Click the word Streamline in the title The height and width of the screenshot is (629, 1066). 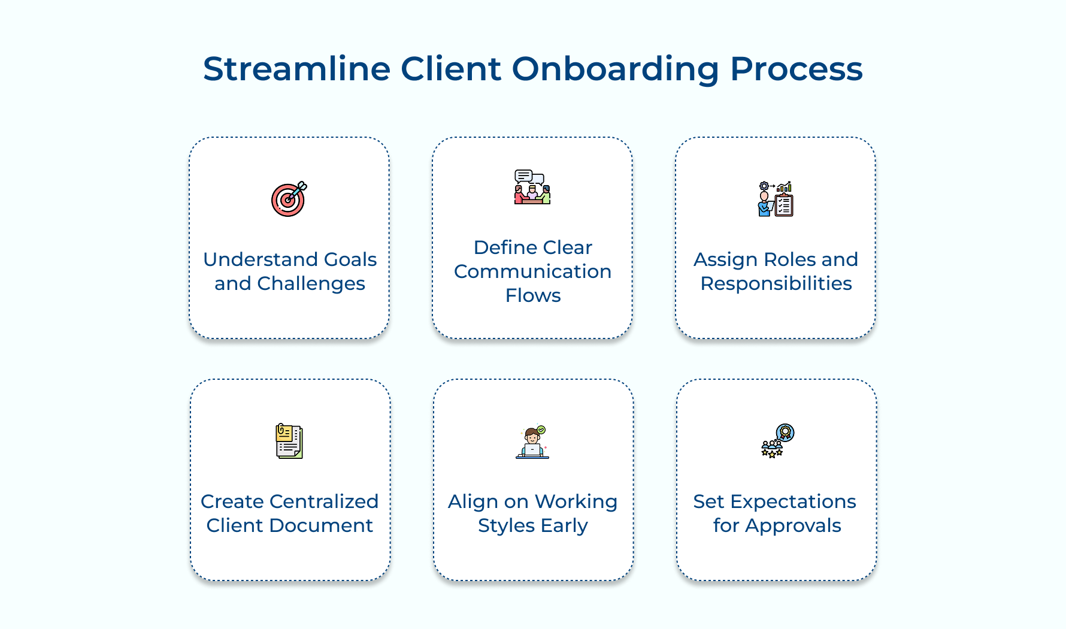pos(297,68)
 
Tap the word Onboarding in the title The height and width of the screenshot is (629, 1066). pos(616,69)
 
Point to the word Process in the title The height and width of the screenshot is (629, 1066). pos(797,68)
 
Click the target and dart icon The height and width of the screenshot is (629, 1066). pos(289,199)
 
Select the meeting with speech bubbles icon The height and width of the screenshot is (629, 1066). pos(532,187)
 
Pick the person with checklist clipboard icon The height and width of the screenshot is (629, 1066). pos(776,199)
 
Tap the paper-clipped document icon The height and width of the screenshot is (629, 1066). pos(289,441)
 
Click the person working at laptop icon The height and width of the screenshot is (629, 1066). pos(532,442)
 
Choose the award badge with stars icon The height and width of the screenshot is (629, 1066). pos(777,441)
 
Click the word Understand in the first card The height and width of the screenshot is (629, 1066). pos(252,259)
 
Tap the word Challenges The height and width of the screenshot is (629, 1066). pos(311,283)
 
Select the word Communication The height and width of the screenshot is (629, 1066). pos(532,271)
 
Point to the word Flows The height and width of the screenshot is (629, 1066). pos(533,295)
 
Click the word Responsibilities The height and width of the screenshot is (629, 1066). pos(776,283)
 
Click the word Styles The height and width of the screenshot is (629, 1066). pos(506,526)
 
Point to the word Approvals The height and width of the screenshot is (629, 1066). pos(793,526)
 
